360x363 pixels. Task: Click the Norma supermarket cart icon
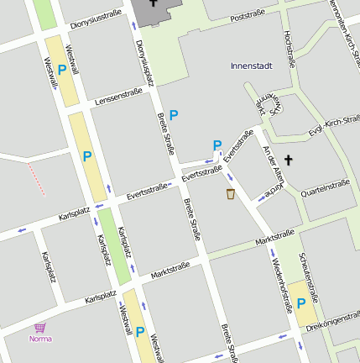[39, 328]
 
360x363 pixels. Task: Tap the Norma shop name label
[40, 339]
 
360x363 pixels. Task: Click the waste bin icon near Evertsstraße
[230, 195]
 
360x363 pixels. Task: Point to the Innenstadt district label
[252, 65]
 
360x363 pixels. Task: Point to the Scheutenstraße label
[310, 277]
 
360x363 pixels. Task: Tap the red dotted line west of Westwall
[34, 178]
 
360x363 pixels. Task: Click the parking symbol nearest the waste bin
[217, 145]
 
